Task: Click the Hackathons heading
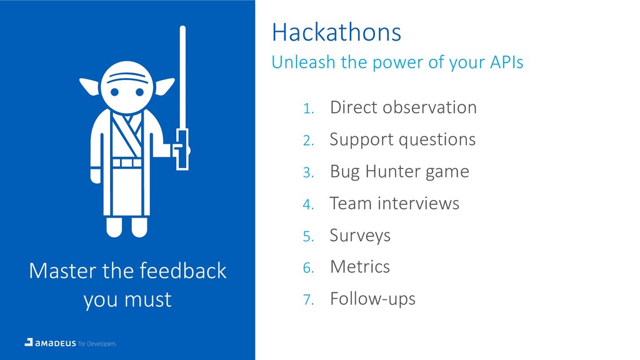point(336,32)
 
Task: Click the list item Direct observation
point(403,107)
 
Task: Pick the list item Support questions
point(402,140)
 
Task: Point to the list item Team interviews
point(394,203)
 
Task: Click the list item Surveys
point(360,236)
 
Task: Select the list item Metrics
point(360,267)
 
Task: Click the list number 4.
point(308,204)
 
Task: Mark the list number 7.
point(308,300)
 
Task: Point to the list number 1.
point(308,109)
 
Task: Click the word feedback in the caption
point(183,271)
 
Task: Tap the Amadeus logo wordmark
point(56,343)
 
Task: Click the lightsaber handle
point(182,149)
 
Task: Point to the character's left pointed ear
point(89,86)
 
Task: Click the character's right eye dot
point(139,92)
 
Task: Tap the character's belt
point(127,163)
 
